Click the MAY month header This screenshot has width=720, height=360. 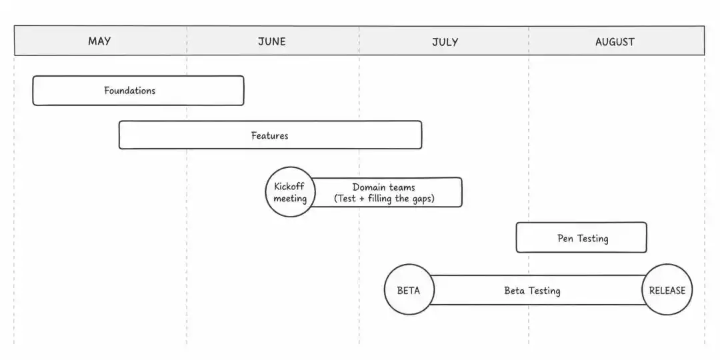pyautogui.click(x=99, y=41)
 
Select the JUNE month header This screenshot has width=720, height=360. pyautogui.click(x=272, y=41)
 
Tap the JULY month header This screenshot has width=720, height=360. pyautogui.click(x=445, y=42)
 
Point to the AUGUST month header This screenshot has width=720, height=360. pyautogui.click(x=615, y=42)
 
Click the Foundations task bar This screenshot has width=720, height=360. pyautogui.click(x=138, y=91)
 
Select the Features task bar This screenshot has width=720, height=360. pyautogui.click(x=270, y=135)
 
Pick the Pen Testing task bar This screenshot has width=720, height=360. pyautogui.click(x=581, y=237)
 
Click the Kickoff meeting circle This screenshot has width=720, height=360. pyautogui.click(x=290, y=192)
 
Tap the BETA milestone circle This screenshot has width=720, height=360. pyautogui.click(x=409, y=290)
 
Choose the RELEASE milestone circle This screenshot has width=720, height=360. pyautogui.click(x=667, y=290)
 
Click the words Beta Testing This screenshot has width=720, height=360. pyautogui.click(x=532, y=291)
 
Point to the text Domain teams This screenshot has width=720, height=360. pyautogui.click(x=384, y=187)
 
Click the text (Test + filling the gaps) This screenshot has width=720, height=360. pyautogui.click(x=384, y=199)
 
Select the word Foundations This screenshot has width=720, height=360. pyautogui.click(x=129, y=91)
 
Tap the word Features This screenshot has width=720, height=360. pyautogui.click(x=270, y=135)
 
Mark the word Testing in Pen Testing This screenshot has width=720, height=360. pyautogui.click(x=593, y=239)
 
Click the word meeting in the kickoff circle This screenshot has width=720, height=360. pyautogui.click(x=290, y=199)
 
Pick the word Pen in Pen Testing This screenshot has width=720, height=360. pyautogui.click(x=565, y=238)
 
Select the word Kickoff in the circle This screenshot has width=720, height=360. pyautogui.click(x=289, y=187)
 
